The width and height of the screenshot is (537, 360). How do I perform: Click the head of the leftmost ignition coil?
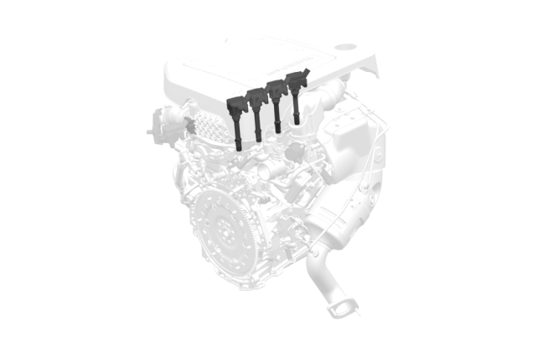(x=237, y=105)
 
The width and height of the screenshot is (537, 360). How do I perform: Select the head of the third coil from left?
(x=276, y=88)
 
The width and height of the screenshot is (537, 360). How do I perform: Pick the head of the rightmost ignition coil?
(x=297, y=81)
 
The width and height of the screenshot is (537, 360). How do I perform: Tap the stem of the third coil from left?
(x=276, y=116)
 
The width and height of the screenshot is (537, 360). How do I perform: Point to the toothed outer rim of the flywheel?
(x=194, y=243)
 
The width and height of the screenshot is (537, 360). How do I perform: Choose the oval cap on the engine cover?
(x=347, y=48)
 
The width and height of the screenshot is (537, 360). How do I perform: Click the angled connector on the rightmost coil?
(x=307, y=74)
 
